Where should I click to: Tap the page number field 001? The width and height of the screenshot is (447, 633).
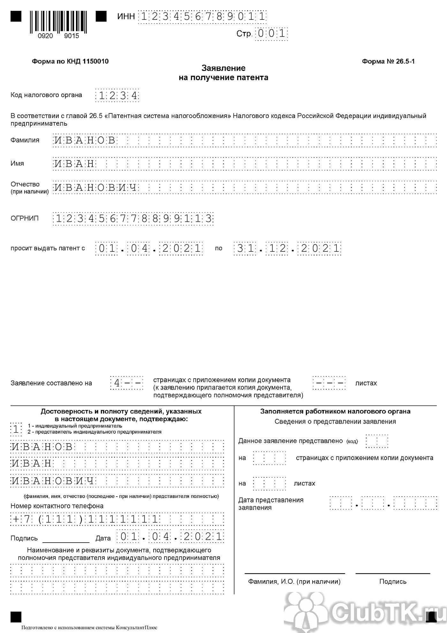coord(271,34)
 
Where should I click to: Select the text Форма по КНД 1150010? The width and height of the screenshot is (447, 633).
coord(70,61)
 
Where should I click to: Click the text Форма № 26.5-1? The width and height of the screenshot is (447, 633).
coord(388,61)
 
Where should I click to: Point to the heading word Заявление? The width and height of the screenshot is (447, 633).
coord(223,68)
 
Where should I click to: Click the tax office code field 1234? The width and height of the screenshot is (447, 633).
coord(117,96)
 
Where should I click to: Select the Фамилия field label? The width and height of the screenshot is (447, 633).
coord(25,140)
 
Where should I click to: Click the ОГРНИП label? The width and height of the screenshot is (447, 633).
coord(25,219)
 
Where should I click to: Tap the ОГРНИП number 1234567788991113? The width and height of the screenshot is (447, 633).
coord(133,219)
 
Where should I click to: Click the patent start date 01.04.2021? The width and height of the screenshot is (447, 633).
coord(149,249)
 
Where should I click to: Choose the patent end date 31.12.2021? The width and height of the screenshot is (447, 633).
coord(288,249)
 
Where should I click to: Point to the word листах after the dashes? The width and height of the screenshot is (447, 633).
coord(366,383)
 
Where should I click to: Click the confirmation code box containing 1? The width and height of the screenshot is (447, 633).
coord(16,429)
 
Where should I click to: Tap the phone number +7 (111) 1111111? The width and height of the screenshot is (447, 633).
coord(85,519)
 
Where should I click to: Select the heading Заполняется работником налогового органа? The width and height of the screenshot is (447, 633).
coord(335,412)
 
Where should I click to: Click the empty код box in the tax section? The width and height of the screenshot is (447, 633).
coord(377,441)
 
